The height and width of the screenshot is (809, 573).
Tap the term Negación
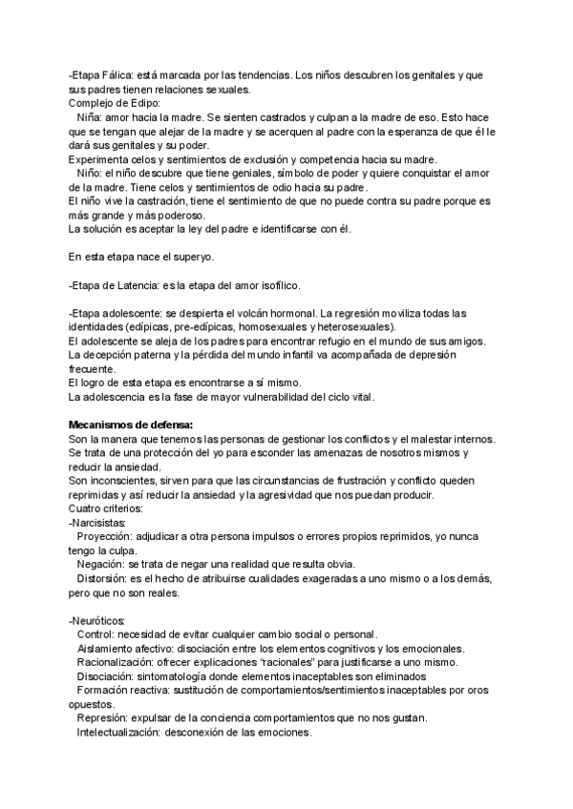click(100, 565)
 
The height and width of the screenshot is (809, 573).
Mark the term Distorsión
click(103, 579)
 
